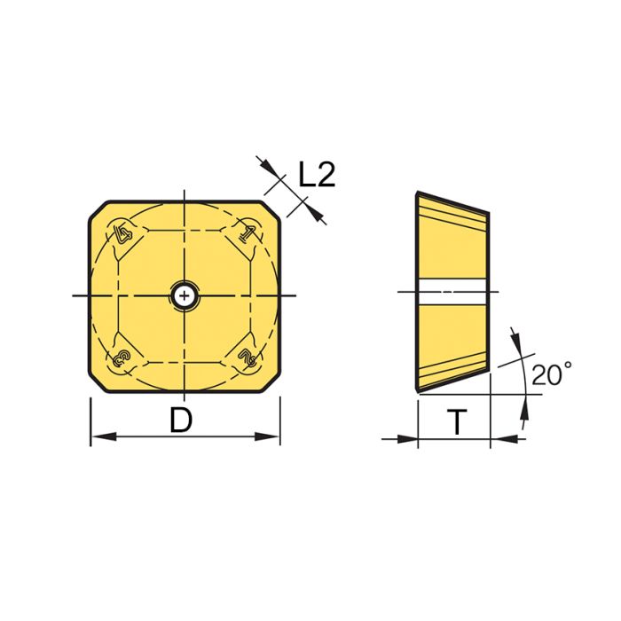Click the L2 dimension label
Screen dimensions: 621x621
(317, 175)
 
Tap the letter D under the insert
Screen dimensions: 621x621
(181, 421)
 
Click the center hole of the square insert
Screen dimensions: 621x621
(184, 295)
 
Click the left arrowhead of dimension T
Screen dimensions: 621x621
(409, 437)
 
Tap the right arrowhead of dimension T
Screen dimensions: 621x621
(499, 437)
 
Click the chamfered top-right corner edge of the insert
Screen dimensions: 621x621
(271, 210)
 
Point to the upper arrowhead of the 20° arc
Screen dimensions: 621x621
(514, 340)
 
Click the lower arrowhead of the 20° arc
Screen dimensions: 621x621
(523, 405)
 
